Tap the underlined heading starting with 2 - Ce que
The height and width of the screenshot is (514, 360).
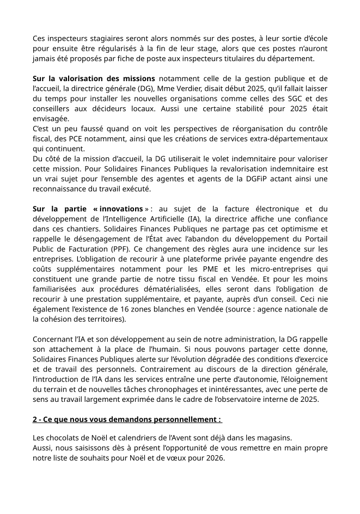(x=127, y=420)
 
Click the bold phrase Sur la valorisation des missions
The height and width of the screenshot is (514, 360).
(x=94, y=78)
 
